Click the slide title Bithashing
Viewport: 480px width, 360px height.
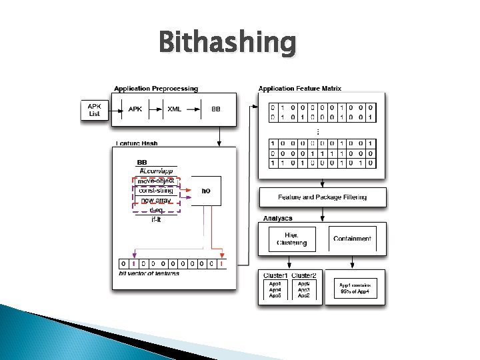(x=227, y=43)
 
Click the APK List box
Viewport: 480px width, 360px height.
(x=95, y=109)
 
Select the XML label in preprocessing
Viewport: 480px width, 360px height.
(x=174, y=109)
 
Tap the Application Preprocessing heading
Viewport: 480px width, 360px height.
(x=155, y=89)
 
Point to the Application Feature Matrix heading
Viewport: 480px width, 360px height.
(x=299, y=89)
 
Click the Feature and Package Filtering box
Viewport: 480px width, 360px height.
(x=322, y=197)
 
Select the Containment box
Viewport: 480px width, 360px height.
(x=352, y=239)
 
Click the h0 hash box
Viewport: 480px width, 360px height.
(x=206, y=191)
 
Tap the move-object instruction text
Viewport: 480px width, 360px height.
(x=156, y=181)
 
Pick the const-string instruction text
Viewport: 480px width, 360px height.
(x=156, y=190)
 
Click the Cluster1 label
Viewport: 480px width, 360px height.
(x=276, y=276)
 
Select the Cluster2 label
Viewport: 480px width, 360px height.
(x=303, y=276)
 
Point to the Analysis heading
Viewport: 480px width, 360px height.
(x=277, y=218)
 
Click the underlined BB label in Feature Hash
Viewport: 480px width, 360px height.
(x=142, y=163)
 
